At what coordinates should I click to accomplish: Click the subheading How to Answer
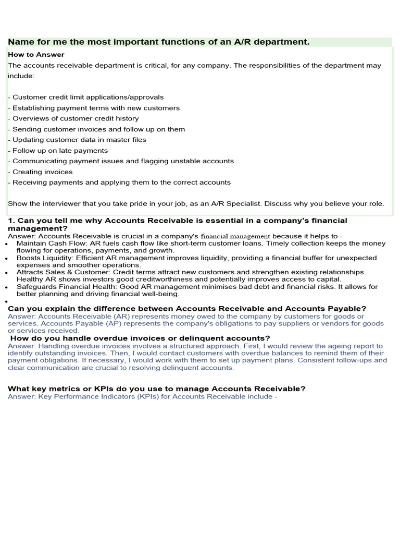(36, 54)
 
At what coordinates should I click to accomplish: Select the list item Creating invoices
(42, 172)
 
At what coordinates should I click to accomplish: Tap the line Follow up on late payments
(60, 150)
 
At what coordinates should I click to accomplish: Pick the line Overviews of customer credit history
(76, 118)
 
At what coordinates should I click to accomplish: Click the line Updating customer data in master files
(79, 140)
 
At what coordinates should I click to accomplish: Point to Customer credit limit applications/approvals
(87, 97)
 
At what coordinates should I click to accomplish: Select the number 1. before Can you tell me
(11, 221)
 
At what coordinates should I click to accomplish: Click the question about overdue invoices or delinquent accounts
(140, 338)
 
